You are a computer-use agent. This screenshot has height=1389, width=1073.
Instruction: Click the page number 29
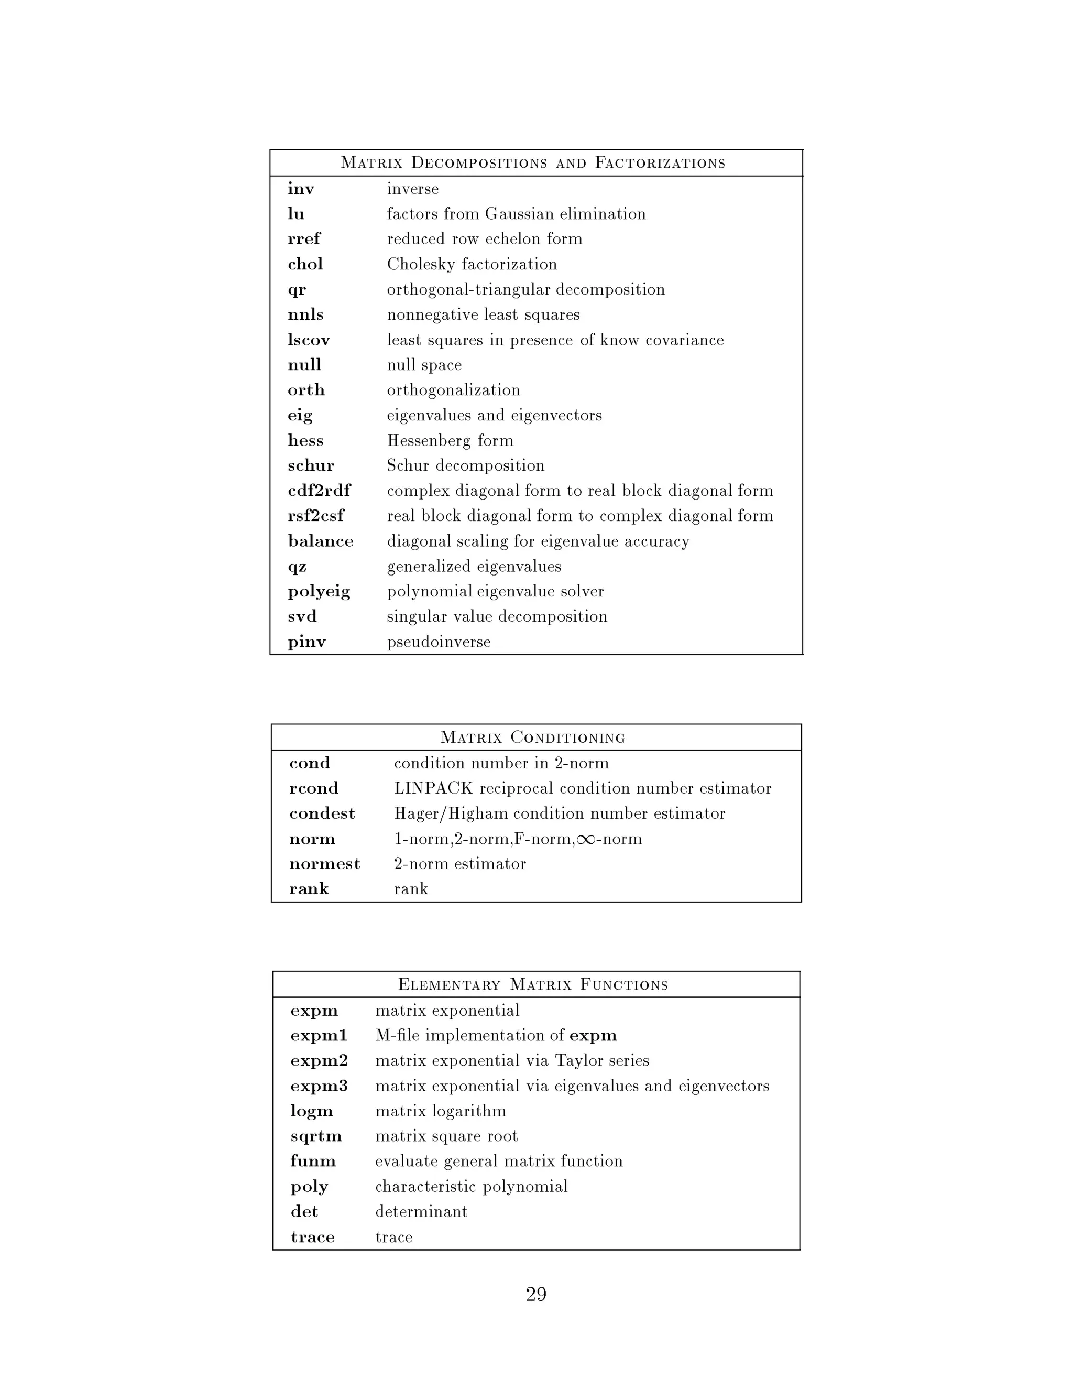[536, 1294]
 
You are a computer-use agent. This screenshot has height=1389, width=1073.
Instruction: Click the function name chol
[305, 264]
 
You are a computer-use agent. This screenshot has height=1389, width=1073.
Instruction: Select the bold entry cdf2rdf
[319, 491]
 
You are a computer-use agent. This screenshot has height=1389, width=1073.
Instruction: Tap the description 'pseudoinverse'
[439, 642]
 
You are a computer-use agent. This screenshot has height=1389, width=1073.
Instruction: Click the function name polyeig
[319, 591]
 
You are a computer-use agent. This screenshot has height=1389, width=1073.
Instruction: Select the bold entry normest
[325, 864]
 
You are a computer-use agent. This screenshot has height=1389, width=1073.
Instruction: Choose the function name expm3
[319, 1086]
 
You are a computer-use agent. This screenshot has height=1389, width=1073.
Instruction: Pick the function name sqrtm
[316, 1136]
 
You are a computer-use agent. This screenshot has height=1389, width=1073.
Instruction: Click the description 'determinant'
[421, 1211]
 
